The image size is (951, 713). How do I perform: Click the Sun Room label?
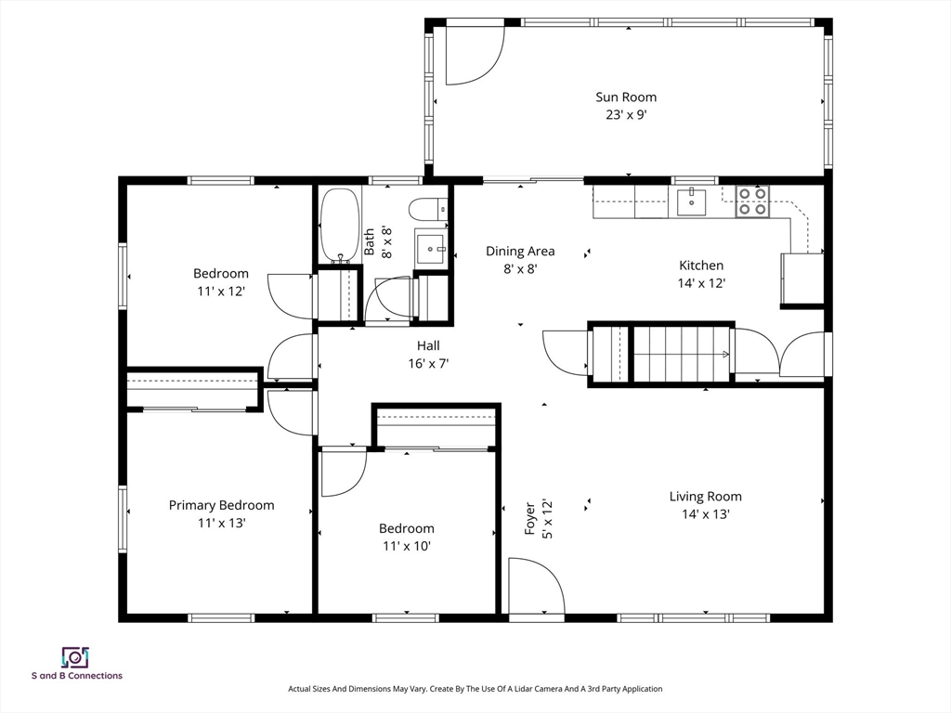pyautogui.click(x=626, y=97)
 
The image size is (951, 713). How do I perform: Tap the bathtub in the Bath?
pyautogui.click(x=340, y=226)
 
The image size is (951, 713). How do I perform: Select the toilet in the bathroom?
pyautogui.click(x=428, y=210)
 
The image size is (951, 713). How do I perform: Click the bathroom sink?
pyautogui.click(x=431, y=247)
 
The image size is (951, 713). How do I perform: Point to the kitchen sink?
pyautogui.click(x=691, y=201)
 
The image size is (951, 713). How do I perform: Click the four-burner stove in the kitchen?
pyautogui.click(x=752, y=201)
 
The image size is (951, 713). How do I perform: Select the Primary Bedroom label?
pyautogui.click(x=221, y=505)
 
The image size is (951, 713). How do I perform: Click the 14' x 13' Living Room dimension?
pyautogui.click(x=706, y=514)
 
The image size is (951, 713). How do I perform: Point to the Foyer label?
pyautogui.click(x=529, y=518)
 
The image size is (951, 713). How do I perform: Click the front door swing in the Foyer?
pyautogui.click(x=537, y=587)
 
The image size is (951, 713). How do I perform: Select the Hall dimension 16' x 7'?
pyautogui.click(x=428, y=364)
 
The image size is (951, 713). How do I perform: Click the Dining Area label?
pyautogui.click(x=520, y=251)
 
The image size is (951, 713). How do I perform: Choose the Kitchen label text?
pyautogui.click(x=701, y=266)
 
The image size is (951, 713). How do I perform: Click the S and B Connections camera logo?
pyautogui.click(x=75, y=658)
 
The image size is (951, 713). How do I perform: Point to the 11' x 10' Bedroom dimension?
pyautogui.click(x=407, y=546)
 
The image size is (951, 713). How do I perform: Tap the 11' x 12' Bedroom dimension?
pyautogui.click(x=221, y=292)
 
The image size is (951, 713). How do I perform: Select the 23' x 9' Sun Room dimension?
pyautogui.click(x=626, y=114)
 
